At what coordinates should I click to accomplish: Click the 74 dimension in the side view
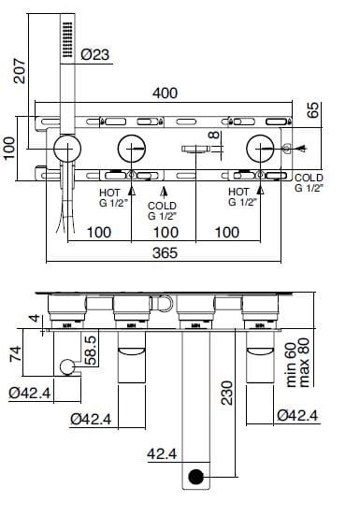[13, 352]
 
